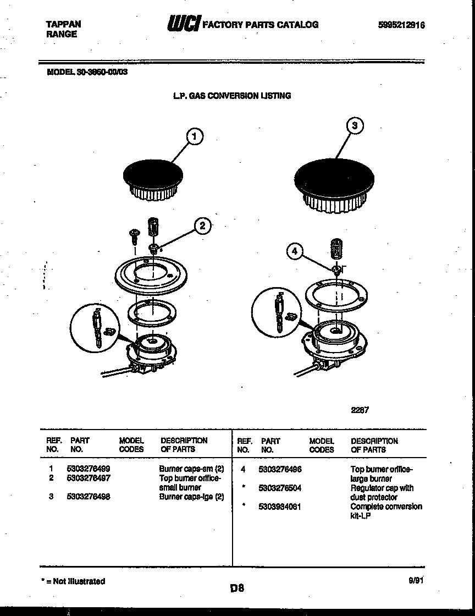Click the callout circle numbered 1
point(194,137)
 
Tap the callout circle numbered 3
point(355,126)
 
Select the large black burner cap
point(334,179)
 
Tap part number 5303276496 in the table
point(280,469)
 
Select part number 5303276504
point(280,488)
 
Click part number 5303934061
point(280,507)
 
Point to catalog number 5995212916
point(401,25)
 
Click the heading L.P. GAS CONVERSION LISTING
point(232,96)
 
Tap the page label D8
point(237,588)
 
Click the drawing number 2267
point(360,409)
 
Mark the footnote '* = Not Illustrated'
point(73,581)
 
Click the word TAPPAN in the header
point(62,24)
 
